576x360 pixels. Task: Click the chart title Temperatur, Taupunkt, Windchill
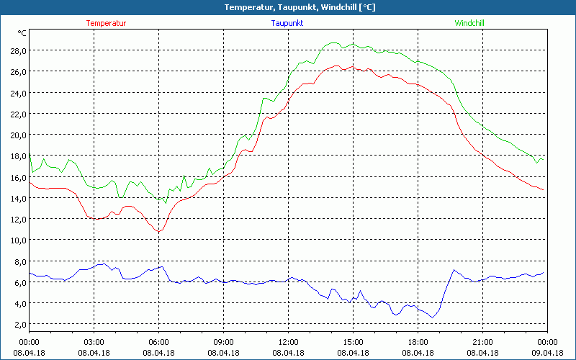click(x=288, y=7)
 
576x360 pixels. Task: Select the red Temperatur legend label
click(x=106, y=23)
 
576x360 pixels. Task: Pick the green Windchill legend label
click(x=469, y=23)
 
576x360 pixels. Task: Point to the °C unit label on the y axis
click(x=22, y=33)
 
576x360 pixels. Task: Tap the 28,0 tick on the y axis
click(x=18, y=50)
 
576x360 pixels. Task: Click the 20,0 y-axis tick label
click(x=18, y=135)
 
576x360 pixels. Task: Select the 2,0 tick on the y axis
click(x=20, y=324)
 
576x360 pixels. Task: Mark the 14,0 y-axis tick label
click(x=18, y=198)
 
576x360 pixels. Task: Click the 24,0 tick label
click(x=18, y=93)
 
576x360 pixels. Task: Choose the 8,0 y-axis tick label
click(x=20, y=261)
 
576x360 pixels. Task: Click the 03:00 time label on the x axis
click(x=94, y=342)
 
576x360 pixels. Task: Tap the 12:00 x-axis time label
click(x=288, y=342)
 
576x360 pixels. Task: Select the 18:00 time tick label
click(x=418, y=342)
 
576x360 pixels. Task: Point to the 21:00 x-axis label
click(x=482, y=342)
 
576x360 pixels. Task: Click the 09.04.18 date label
click(x=547, y=352)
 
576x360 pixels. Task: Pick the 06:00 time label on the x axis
click(x=158, y=342)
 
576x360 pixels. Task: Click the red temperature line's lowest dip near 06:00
click(x=159, y=231)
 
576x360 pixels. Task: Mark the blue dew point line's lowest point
click(x=433, y=317)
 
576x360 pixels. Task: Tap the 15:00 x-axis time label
click(x=353, y=342)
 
